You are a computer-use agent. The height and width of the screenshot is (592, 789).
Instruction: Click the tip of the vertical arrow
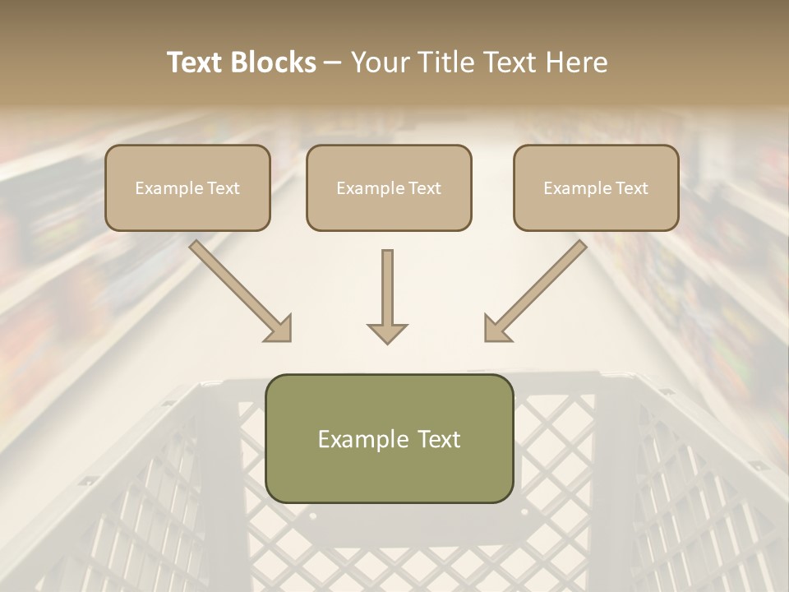point(387,341)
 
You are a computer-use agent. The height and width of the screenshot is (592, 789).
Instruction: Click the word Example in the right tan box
point(576,188)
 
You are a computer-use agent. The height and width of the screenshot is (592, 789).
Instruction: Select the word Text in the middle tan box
point(423,188)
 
